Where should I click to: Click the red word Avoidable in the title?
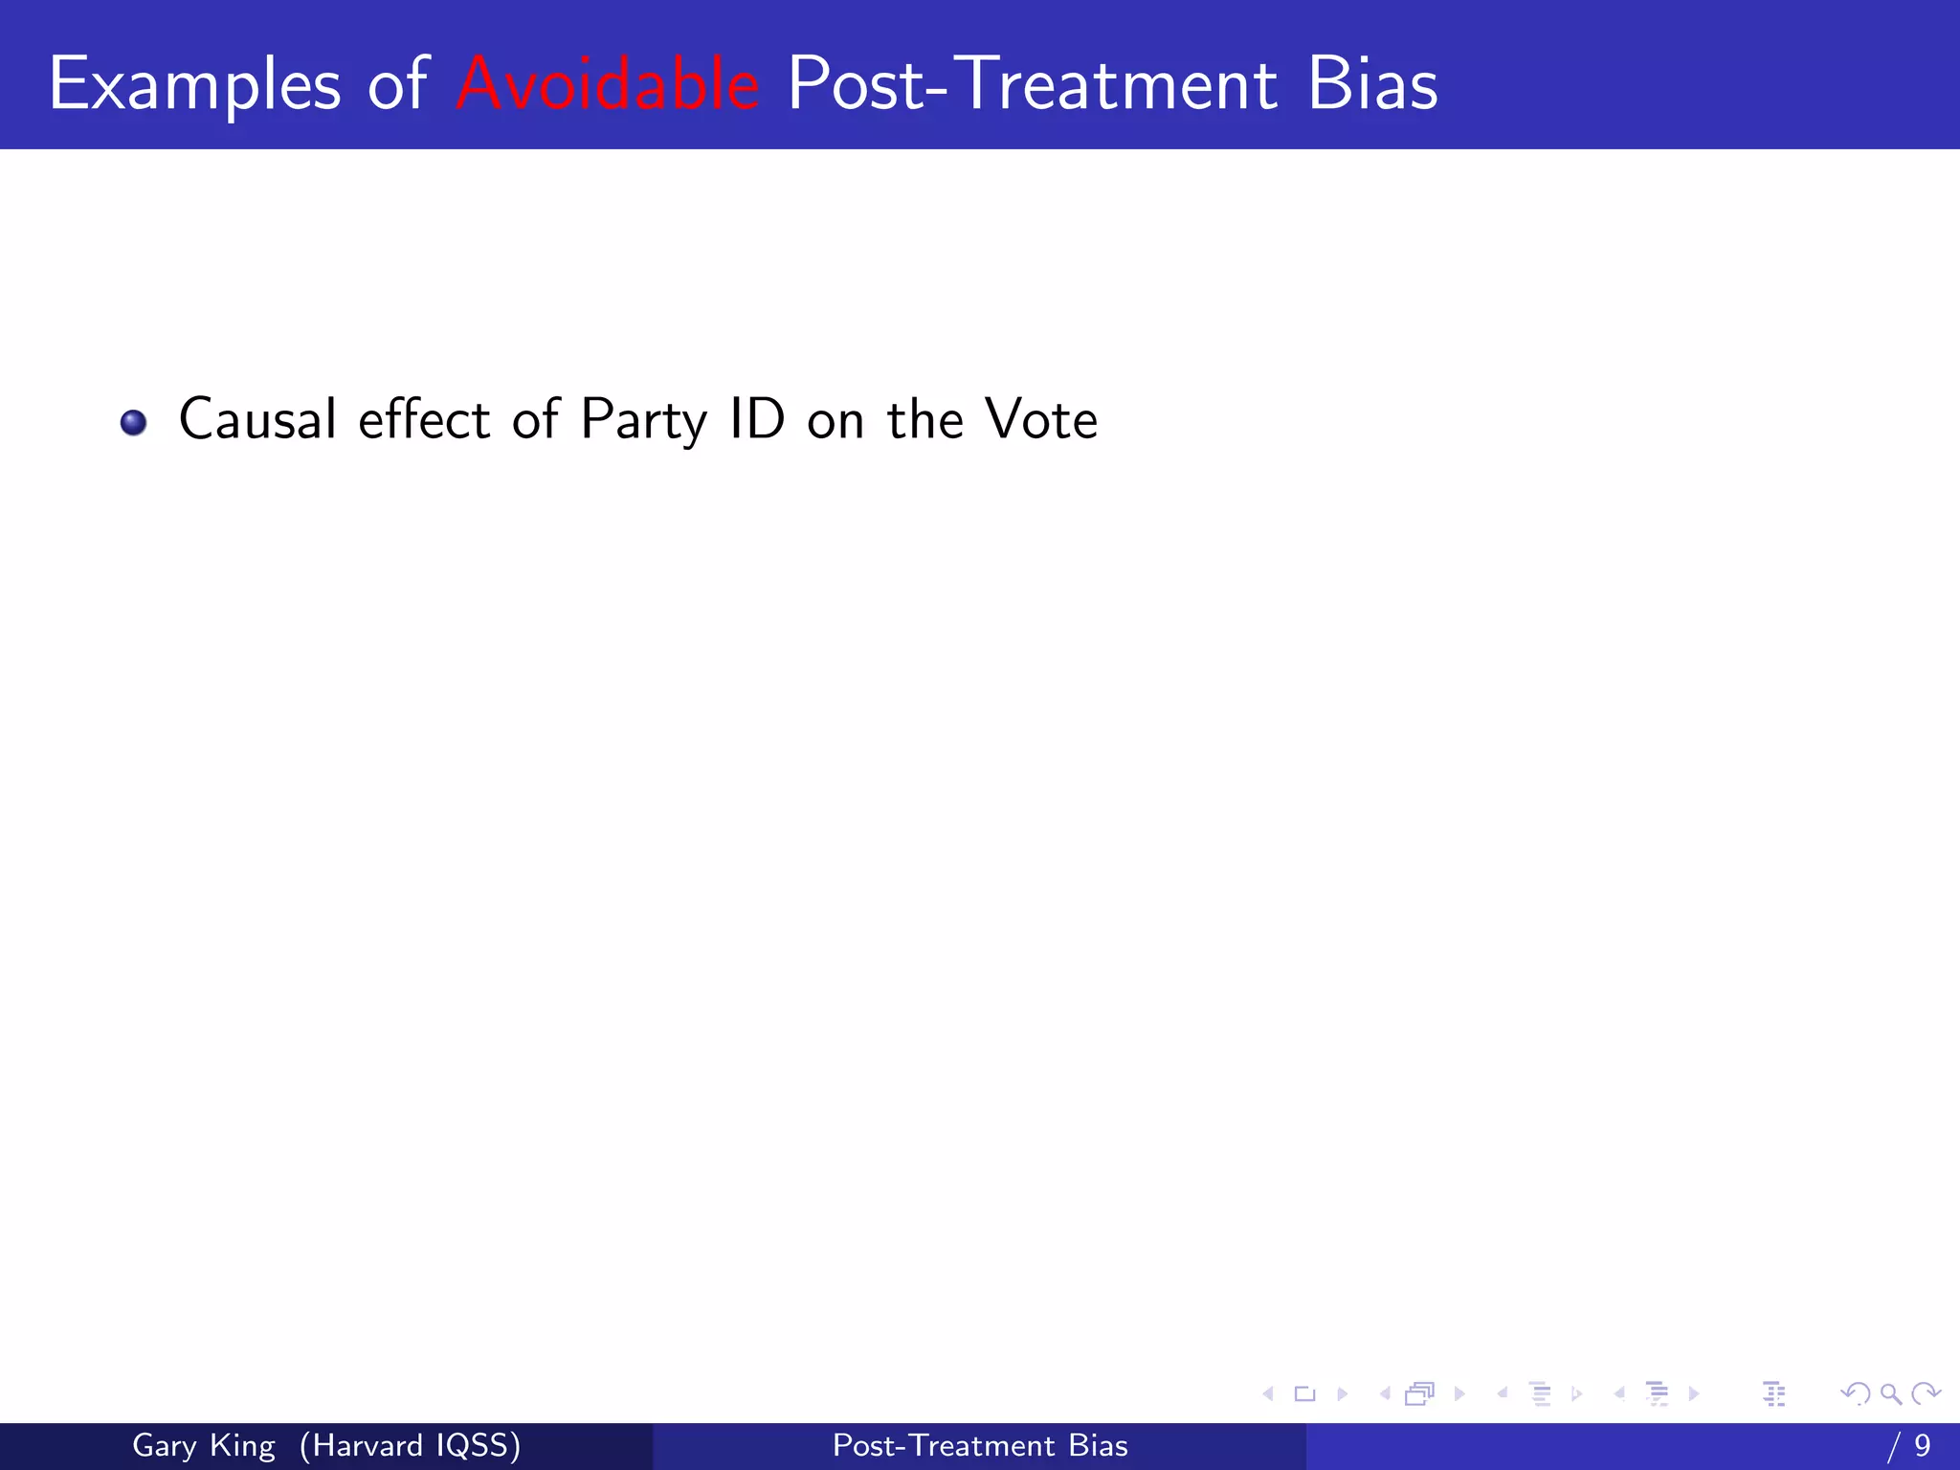(608, 84)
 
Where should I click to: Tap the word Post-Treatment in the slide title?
(1032, 84)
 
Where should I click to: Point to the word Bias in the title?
(1371, 84)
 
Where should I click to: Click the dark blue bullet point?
(133, 422)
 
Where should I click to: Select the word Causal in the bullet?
(257, 419)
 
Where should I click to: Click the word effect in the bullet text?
(424, 419)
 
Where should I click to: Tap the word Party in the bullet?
(643, 421)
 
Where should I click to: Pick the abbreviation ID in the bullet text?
(757, 419)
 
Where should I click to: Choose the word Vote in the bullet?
(1041, 419)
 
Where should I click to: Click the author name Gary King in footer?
(203, 1445)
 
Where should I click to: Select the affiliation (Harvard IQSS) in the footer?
(410, 1445)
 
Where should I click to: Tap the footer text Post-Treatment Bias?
(980, 1445)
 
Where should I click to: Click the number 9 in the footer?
(1922, 1445)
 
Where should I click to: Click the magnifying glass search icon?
(1890, 1394)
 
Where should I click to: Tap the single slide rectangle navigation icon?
(1304, 1394)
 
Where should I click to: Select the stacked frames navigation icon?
(1420, 1394)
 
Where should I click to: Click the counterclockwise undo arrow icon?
(1855, 1394)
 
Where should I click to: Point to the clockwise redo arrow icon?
(1925, 1394)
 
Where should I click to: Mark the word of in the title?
(398, 84)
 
